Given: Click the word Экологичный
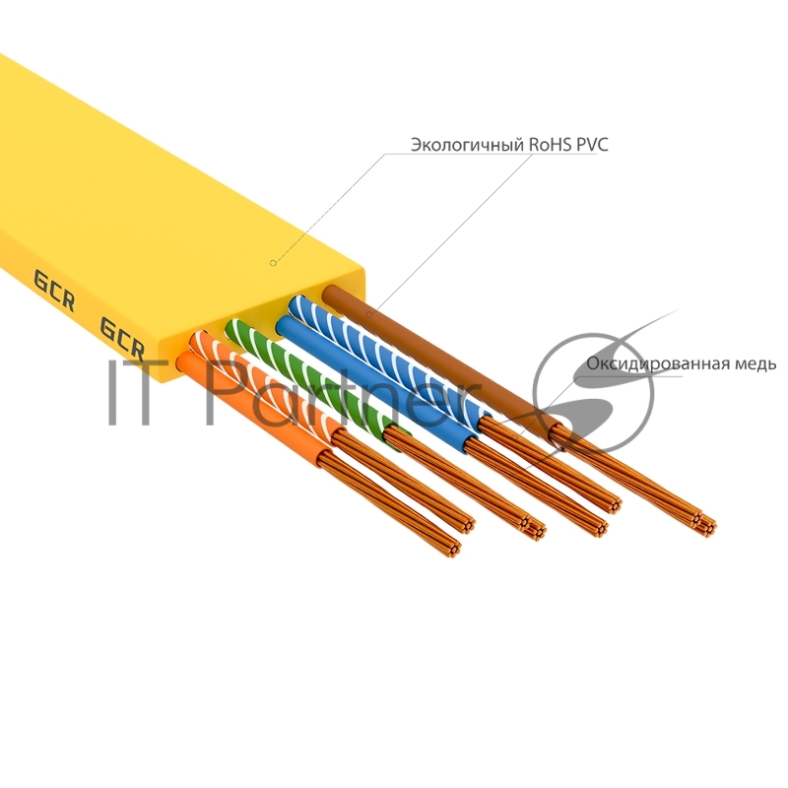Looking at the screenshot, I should [467, 145].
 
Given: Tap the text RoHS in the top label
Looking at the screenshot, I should [550, 145].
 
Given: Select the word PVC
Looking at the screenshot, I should [592, 145].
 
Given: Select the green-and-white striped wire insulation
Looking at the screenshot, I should [295, 364].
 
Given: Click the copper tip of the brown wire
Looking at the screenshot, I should [703, 522].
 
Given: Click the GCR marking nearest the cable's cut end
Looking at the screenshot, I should [123, 338].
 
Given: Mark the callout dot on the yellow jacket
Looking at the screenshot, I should [274, 263].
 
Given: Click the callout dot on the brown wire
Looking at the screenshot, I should [368, 314].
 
